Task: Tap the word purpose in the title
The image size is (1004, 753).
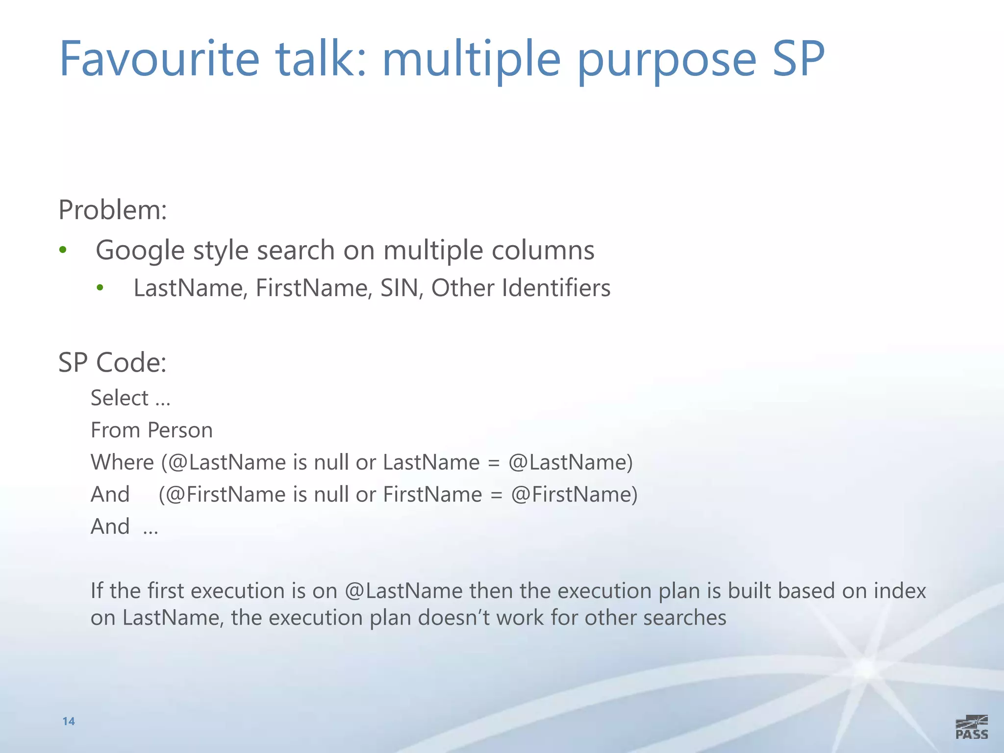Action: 667,61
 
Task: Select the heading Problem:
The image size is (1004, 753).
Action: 113,210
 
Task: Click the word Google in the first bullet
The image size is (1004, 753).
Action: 140,251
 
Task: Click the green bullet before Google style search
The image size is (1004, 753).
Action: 62,250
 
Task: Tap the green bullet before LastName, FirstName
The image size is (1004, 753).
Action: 100,288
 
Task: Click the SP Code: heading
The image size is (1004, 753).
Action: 113,363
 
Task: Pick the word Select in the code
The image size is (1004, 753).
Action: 120,398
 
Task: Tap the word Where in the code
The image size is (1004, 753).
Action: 123,462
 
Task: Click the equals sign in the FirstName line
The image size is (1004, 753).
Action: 496,495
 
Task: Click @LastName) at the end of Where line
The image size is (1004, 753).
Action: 571,462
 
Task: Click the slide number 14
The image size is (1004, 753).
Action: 69,721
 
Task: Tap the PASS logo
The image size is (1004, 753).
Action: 972,728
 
